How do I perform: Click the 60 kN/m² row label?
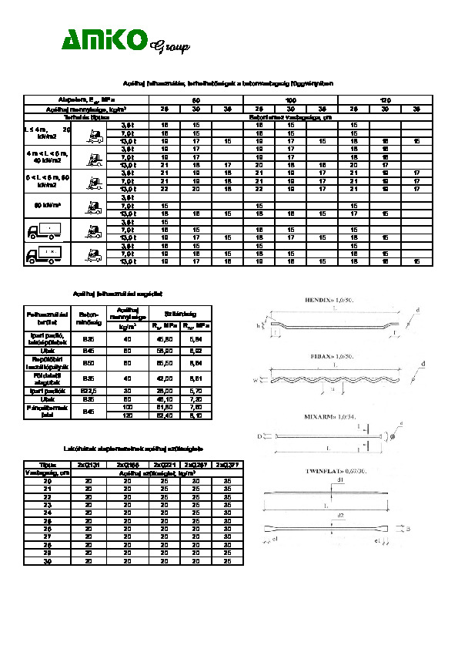click(49, 206)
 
